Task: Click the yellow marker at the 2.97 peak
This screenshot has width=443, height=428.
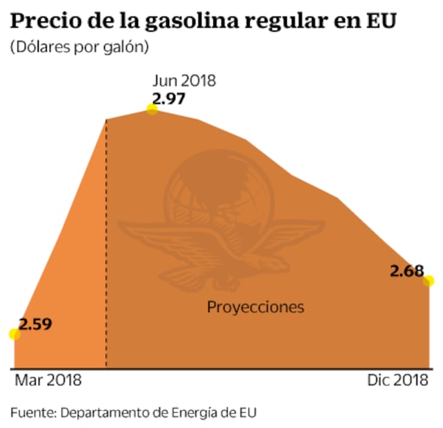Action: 152,109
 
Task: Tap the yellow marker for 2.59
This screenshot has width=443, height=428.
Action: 14,334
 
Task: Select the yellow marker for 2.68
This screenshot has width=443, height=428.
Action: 429,280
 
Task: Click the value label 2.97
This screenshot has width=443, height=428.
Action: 169,98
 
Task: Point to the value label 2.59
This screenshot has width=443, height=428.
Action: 35,323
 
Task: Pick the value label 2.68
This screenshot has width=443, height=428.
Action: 406,271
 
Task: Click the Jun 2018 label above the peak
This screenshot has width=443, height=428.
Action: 184,80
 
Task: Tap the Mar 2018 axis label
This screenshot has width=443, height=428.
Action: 48,380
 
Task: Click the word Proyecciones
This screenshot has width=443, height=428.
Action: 255,307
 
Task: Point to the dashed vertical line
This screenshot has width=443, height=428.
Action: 106,242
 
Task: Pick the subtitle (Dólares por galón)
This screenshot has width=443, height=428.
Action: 79,48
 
